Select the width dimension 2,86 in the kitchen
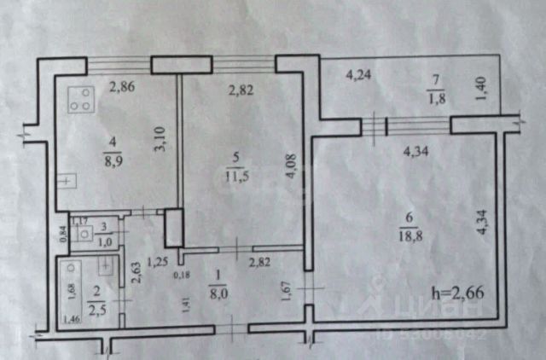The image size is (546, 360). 121,85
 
